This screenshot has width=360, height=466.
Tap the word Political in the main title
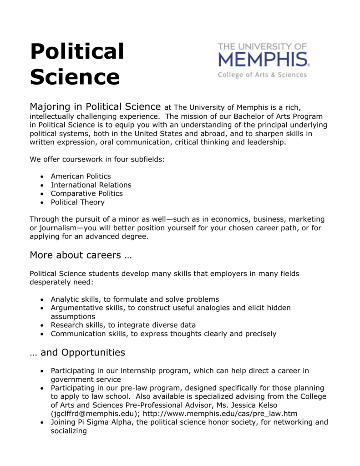point(77,51)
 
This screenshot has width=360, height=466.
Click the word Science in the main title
point(75,77)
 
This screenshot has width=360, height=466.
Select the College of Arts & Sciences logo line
point(263,75)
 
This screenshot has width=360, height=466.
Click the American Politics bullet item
point(81,176)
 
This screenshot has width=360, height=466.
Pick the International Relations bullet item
point(91,185)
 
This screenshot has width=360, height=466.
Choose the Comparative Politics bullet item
point(87,193)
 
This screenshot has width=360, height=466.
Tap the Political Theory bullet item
point(77,202)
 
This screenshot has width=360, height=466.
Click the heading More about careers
point(81,255)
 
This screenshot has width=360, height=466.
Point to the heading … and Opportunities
point(77,352)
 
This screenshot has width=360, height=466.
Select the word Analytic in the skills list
point(64,299)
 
